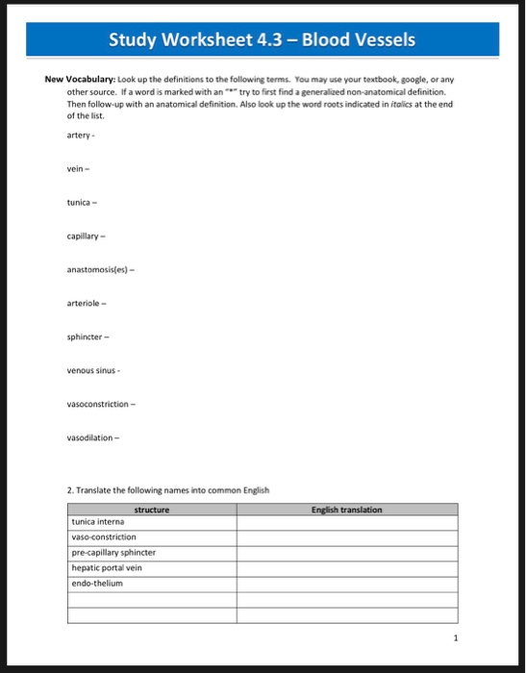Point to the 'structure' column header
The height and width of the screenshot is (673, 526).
click(x=153, y=510)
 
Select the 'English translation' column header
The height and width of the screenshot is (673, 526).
click(x=347, y=510)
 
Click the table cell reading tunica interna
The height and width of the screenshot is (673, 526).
click(x=98, y=522)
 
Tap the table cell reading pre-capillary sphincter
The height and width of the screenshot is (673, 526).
click(x=113, y=553)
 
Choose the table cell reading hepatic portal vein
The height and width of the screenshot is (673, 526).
click(x=107, y=568)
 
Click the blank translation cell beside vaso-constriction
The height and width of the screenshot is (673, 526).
click(x=347, y=537)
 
